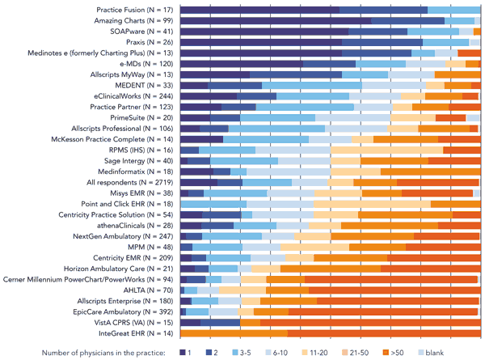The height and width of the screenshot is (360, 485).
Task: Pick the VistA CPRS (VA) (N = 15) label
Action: click(133, 322)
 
